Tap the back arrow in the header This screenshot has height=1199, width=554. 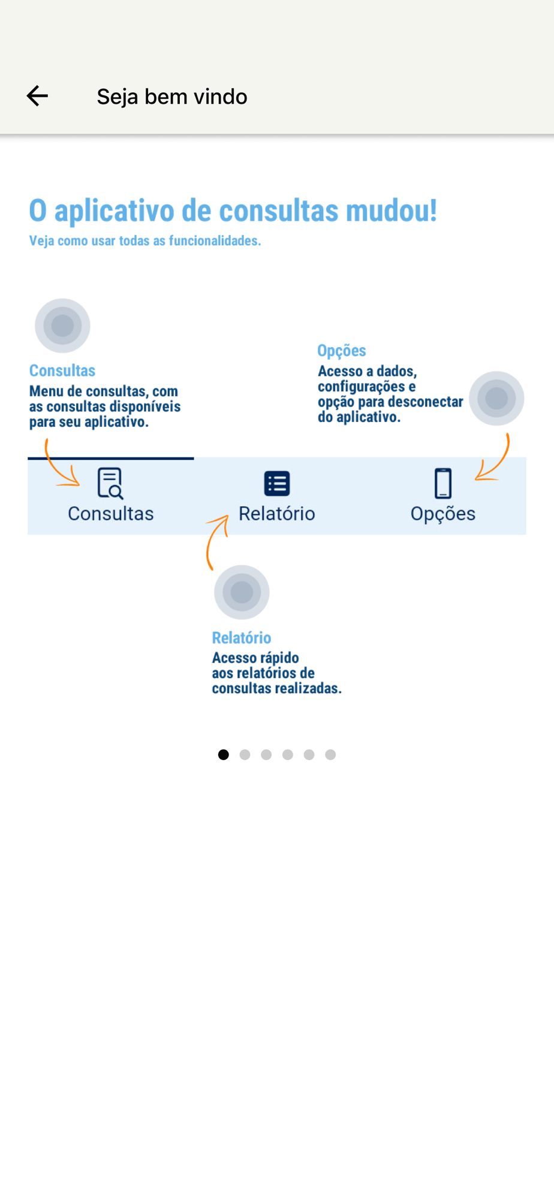tap(37, 96)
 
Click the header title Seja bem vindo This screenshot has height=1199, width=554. tap(172, 97)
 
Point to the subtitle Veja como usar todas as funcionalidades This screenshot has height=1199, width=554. tap(145, 240)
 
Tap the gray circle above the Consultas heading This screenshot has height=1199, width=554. tap(62, 326)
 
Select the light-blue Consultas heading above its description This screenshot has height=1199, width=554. tap(62, 370)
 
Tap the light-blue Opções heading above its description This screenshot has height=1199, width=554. tap(342, 351)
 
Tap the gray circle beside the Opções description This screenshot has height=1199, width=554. tap(496, 398)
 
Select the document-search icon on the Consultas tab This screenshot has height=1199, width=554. tap(110, 483)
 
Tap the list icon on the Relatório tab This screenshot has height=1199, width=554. tap(277, 483)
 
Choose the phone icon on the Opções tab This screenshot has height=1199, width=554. tap(443, 483)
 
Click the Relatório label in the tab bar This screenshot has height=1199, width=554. tap(277, 514)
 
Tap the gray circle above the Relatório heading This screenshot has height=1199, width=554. tap(242, 592)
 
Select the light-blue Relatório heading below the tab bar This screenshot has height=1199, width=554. tap(242, 637)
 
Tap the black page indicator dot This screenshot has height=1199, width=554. tap(224, 755)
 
